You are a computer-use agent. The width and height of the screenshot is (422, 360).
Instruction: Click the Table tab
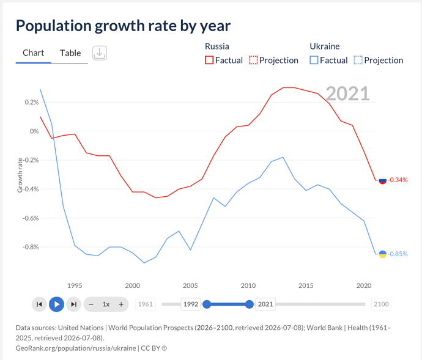point(70,53)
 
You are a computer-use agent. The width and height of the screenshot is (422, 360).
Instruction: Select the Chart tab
point(34,53)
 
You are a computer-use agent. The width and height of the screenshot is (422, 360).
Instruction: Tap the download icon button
point(100,53)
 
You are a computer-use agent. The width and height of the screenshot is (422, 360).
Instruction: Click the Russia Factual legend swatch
point(209,60)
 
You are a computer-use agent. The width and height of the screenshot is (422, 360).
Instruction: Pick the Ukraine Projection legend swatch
point(358,60)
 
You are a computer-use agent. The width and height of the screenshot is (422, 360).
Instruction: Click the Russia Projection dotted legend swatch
point(253,60)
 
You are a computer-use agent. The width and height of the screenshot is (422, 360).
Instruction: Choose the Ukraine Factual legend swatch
point(314,60)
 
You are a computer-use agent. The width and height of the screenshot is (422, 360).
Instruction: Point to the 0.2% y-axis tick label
point(32,102)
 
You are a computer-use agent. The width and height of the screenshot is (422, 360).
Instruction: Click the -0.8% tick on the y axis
point(31,247)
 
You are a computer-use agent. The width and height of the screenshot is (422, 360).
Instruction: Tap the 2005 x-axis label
point(190,285)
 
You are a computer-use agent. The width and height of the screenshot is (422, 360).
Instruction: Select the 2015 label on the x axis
point(306,285)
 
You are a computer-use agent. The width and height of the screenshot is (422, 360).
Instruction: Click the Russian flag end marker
point(382,180)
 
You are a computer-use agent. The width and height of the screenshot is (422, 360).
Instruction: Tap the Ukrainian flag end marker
point(382,254)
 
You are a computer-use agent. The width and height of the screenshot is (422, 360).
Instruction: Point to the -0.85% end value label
point(398,254)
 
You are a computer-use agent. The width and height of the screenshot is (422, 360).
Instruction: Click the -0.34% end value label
point(398,180)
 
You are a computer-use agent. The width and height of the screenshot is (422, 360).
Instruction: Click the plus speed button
point(121,304)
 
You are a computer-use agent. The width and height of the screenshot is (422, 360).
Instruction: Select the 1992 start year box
point(191,304)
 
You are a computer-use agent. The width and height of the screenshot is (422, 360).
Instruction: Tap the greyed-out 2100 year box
point(381,304)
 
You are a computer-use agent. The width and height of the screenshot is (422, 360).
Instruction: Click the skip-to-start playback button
point(39,304)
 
